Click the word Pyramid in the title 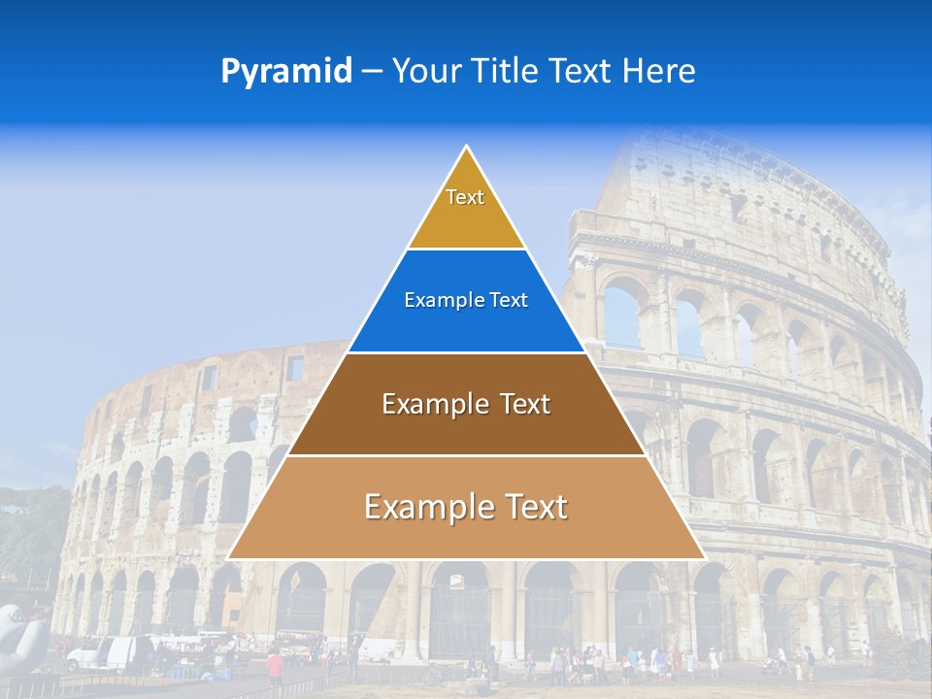[285, 72]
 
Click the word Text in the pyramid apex [465, 197]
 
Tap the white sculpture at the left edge [19, 636]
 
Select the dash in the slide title [372, 72]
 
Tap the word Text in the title [582, 71]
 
